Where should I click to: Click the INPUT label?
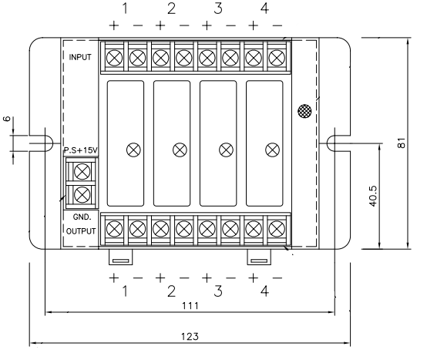pyautogui.click(x=80, y=57)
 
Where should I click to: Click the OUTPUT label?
pyautogui.click(x=81, y=229)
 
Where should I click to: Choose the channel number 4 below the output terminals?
pyautogui.click(x=264, y=291)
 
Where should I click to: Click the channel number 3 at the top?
pyautogui.click(x=218, y=8)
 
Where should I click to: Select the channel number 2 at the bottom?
pyautogui.click(x=171, y=291)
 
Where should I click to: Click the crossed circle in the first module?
pyautogui.click(x=133, y=148)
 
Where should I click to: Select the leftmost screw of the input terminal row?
pyautogui.click(x=114, y=56)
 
